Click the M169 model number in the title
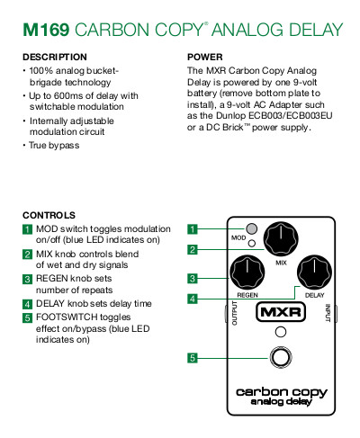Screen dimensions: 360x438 tap(46, 30)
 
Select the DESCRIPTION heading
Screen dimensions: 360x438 tap(55, 57)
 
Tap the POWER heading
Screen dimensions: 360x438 tap(205, 57)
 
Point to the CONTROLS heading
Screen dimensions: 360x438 tap(49, 215)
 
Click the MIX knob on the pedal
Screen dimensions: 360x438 tap(281, 239)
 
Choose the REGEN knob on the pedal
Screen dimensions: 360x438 tap(247, 273)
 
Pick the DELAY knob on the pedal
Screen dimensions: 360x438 tap(314, 273)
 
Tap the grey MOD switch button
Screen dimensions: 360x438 tap(251, 228)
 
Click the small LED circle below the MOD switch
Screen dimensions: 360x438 tap(252, 243)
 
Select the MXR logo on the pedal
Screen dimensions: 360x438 tap(281, 312)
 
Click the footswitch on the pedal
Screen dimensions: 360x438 tap(281, 357)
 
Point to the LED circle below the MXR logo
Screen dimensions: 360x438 tap(281, 332)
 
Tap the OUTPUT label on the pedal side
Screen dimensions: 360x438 tap(235, 313)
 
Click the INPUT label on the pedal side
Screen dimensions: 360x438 tap(328, 313)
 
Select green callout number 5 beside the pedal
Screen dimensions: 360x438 tap(193, 358)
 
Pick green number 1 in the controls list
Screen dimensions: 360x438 tap(27, 229)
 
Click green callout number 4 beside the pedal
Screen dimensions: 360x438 tap(193, 299)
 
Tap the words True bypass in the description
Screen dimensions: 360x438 tap(54, 146)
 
